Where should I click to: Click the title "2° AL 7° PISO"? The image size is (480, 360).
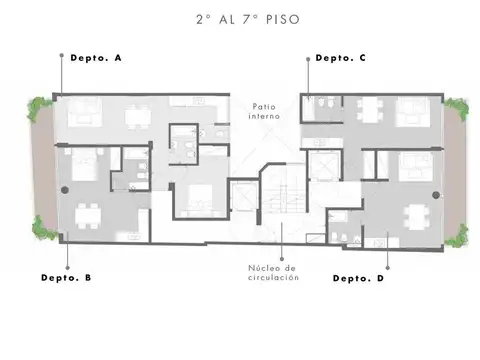click(248, 19)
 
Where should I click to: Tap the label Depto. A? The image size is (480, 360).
click(96, 58)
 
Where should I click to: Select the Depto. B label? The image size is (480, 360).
click(66, 278)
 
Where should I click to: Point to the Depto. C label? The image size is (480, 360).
click(341, 58)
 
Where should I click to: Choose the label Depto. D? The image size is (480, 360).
click(358, 278)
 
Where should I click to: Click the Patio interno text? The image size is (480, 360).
click(264, 111)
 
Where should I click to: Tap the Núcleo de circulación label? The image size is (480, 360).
click(273, 273)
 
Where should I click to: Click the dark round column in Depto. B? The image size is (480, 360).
click(65, 190)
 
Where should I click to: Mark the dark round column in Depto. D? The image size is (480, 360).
click(436, 195)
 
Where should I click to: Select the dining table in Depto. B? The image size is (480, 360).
click(88, 216)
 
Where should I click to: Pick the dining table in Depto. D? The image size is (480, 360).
click(416, 217)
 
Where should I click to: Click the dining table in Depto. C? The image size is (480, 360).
click(370, 108)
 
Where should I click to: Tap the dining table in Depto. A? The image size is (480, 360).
click(137, 117)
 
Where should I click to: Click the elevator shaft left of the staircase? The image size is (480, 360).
click(244, 195)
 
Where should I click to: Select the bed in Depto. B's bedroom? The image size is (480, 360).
click(84, 165)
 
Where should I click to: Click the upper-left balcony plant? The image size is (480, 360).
click(39, 108)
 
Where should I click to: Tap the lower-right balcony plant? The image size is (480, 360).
click(458, 236)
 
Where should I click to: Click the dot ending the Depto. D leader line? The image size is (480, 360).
click(387, 268)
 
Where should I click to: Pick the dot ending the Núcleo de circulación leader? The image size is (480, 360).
click(282, 259)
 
